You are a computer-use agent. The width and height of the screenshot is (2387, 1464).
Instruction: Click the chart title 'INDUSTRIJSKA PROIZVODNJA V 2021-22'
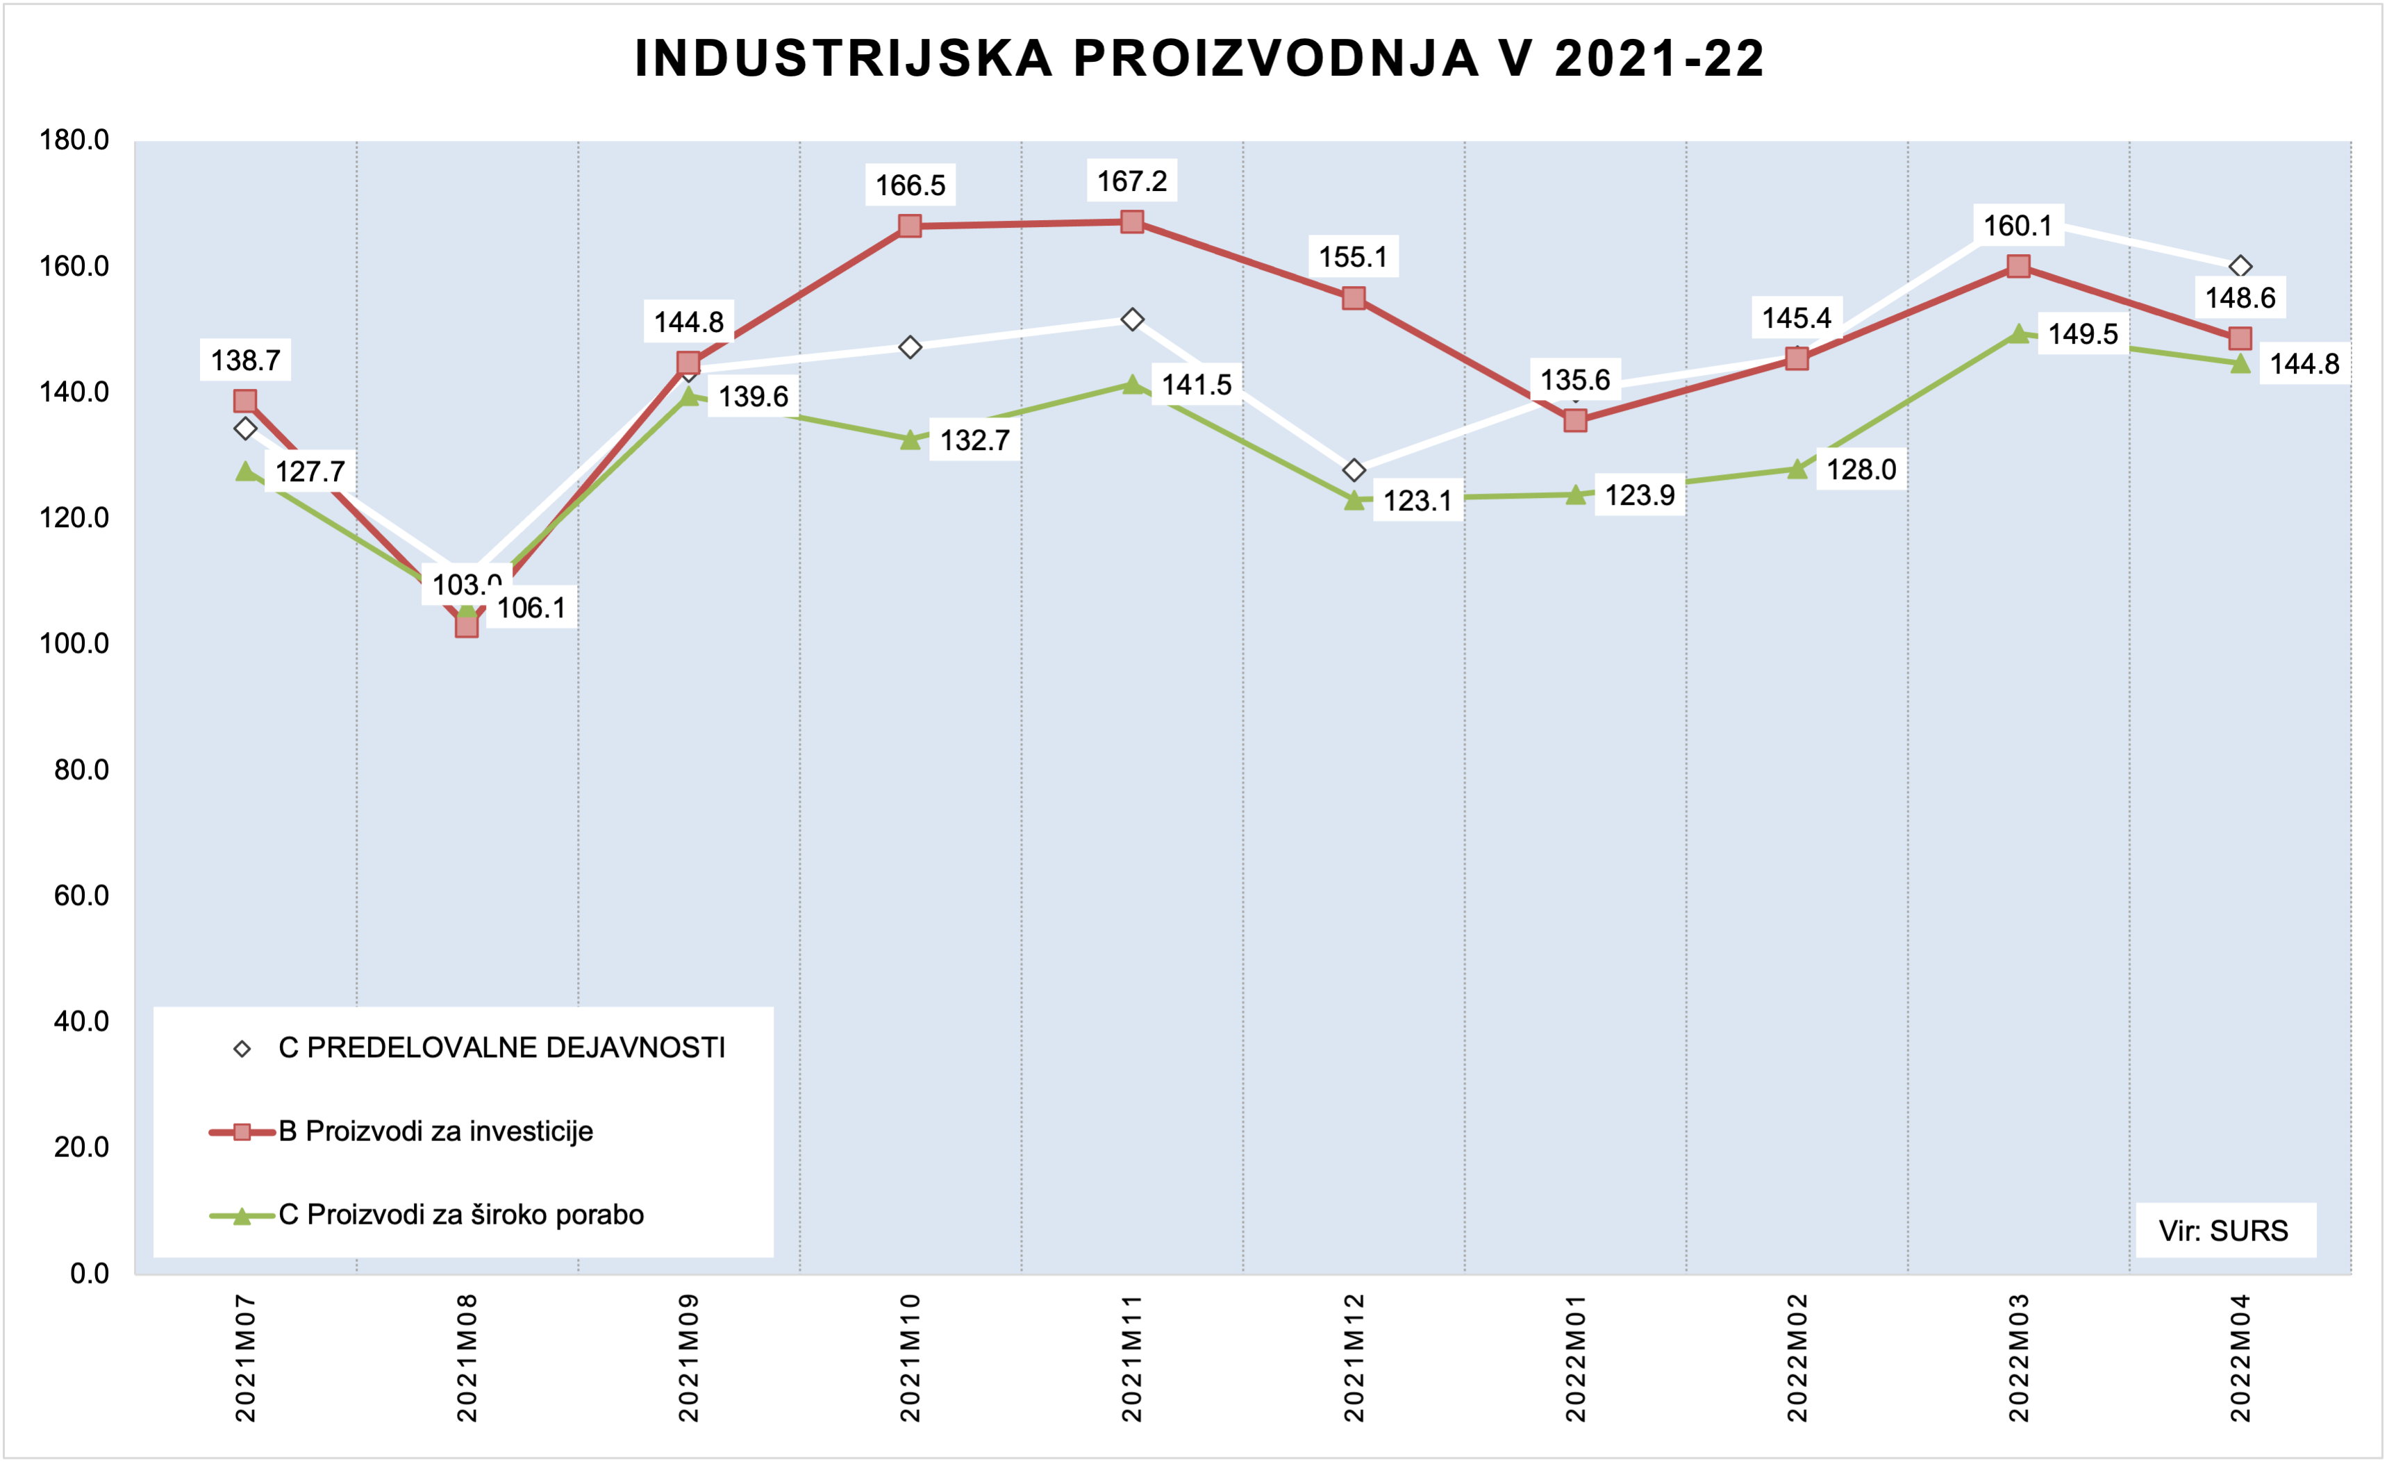(1199, 58)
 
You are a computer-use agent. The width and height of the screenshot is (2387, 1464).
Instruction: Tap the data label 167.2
(1131, 181)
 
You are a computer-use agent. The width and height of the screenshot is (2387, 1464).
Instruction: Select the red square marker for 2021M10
(910, 226)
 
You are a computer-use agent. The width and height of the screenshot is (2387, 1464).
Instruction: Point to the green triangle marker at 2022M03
(2019, 334)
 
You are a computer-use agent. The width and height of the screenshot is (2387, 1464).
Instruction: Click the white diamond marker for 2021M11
(1131, 319)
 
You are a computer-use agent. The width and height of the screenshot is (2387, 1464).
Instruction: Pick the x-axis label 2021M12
(1354, 1356)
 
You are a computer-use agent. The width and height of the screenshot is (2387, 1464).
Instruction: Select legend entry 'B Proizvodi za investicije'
(435, 1131)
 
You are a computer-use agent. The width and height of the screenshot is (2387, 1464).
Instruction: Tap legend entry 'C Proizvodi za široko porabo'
(460, 1215)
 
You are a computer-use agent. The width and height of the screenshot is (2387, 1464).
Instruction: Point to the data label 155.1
(1354, 258)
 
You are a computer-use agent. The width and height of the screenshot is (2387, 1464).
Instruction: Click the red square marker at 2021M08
(467, 626)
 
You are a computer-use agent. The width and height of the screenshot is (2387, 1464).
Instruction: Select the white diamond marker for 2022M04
(2240, 267)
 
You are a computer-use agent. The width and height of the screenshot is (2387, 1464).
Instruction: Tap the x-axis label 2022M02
(1797, 1356)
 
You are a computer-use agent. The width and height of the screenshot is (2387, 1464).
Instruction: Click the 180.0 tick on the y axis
(74, 140)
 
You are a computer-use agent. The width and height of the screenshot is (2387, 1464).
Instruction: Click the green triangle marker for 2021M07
(246, 471)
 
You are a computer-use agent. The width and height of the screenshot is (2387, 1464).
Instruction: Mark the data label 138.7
(245, 360)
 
